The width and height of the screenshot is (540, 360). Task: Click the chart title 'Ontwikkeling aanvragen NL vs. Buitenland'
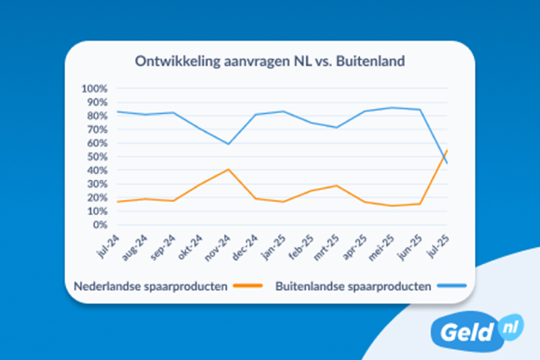pos(270,62)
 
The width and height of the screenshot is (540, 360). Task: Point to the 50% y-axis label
pos(98,157)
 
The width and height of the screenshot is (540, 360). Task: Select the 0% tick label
pos(100,224)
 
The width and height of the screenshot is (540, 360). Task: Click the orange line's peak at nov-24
pos(228,169)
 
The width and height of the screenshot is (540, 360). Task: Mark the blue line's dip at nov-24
pos(228,144)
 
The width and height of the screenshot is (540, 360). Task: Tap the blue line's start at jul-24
pos(117,112)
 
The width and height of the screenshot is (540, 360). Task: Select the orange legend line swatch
pos(247,286)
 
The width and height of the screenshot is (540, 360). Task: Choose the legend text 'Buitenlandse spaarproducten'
pos(353,287)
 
